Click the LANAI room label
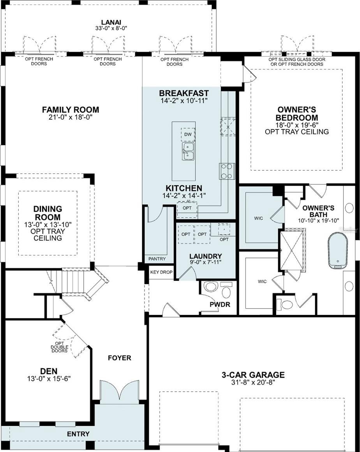pyautogui.click(x=111, y=22)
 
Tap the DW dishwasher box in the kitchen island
pyautogui.click(x=188, y=134)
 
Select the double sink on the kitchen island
pyautogui.click(x=188, y=151)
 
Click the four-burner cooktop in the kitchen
pyautogui.click(x=227, y=171)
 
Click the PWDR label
pyautogui.click(x=220, y=304)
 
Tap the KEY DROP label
pyautogui.click(x=161, y=272)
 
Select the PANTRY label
pyautogui.click(x=157, y=259)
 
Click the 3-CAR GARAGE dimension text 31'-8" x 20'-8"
pyautogui.click(x=253, y=382)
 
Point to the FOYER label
pyautogui.click(x=120, y=358)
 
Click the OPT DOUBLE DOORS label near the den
pyautogui.click(x=60, y=347)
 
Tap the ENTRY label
pyautogui.click(x=78, y=434)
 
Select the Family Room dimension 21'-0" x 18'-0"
pyautogui.click(x=71, y=117)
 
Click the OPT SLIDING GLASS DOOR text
pyautogui.click(x=297, y=60)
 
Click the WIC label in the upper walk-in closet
pyautogui.click(x=259, y=218)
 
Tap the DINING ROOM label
pyautogui.click(x=47, y=213)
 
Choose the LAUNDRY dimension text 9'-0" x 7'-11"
pyautogui.click(x=205, y=262)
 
